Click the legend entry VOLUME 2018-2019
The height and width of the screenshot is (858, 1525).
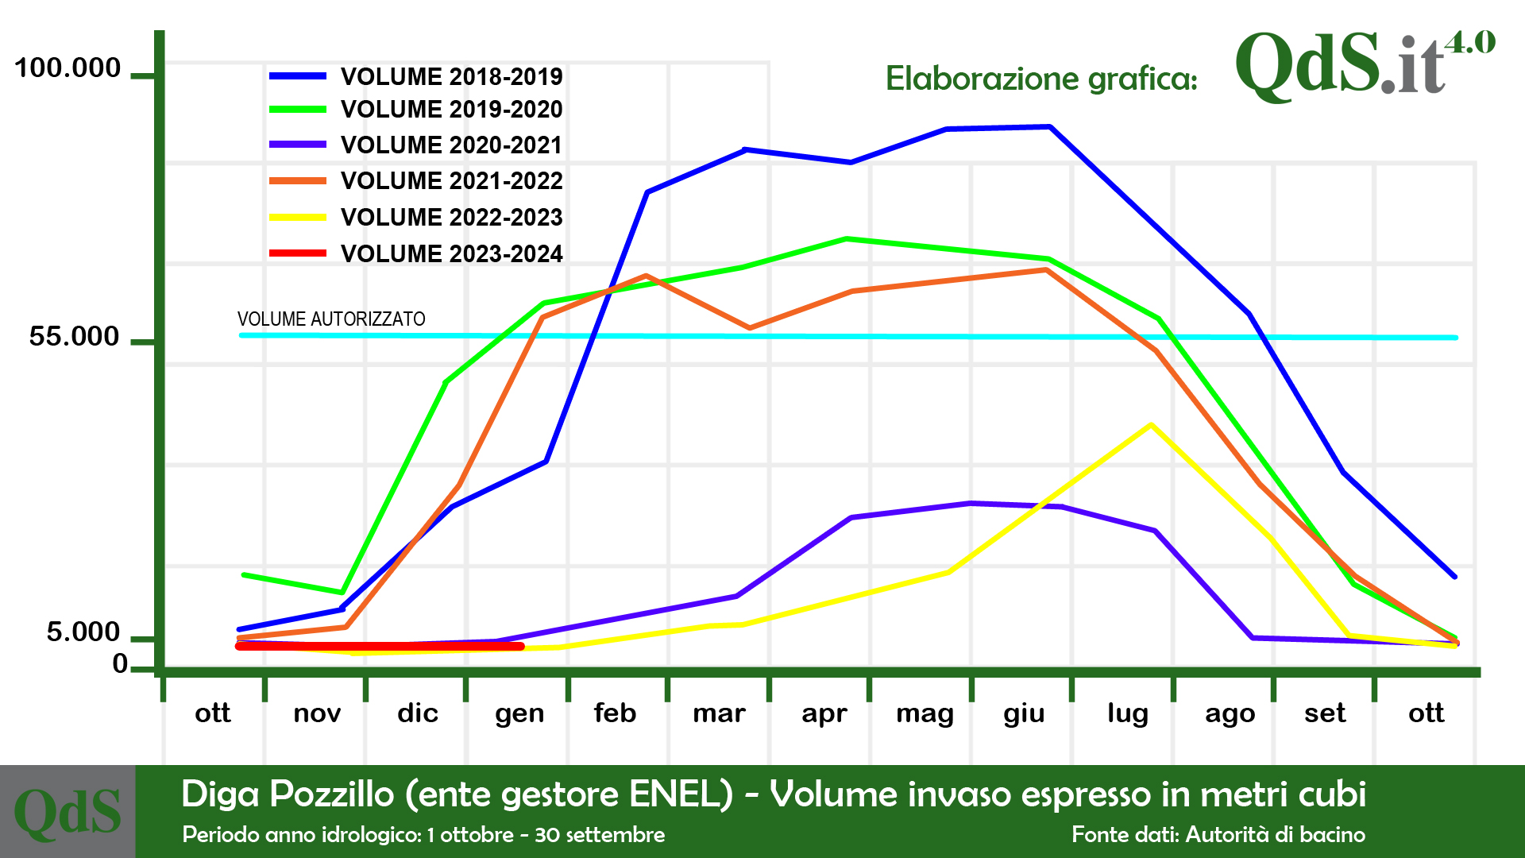point(451,76)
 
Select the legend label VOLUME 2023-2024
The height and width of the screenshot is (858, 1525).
point(451,253)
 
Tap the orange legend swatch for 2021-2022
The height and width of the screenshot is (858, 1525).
point(298,181)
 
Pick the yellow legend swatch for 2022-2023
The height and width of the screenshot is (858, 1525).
point(298,217)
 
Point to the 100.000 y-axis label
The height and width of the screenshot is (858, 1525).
point(68,68)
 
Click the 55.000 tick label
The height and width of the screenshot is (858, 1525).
point(74,337)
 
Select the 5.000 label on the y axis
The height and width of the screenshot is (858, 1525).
point(83,632)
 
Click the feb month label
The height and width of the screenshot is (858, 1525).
point(615,713)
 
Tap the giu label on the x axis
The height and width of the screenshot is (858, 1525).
point(1024,713)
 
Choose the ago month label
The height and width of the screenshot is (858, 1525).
point(1230,713)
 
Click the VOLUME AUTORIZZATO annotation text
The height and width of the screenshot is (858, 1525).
point(331,319)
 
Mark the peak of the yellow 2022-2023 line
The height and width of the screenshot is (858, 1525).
point(1151,425)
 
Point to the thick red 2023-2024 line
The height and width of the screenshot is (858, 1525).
point(380,646)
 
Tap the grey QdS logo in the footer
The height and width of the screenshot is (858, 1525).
point(68,812)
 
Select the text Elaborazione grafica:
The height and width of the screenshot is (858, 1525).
point(1041,79)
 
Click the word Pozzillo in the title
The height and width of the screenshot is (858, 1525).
point(332,794)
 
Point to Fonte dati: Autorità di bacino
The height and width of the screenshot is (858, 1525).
point(1218,834)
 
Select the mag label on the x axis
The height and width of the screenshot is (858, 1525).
point(925,713)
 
